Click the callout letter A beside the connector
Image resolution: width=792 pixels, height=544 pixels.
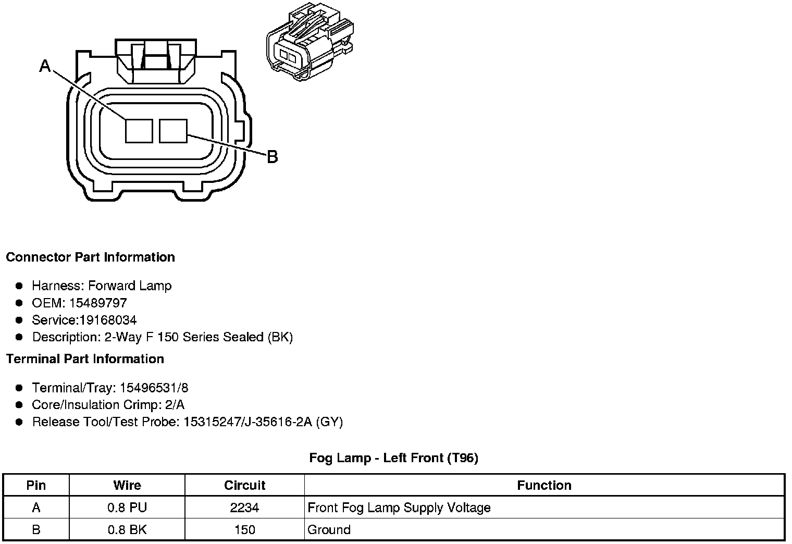46,66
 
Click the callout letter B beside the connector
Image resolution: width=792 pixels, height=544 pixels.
272,156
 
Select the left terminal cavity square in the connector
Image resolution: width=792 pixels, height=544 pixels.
139,130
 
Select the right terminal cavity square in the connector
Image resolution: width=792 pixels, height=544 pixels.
173,130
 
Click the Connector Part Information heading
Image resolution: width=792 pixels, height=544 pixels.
90,257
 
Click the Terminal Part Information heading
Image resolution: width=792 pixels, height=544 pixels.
85,359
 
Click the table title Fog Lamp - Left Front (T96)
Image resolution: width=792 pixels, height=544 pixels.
393,458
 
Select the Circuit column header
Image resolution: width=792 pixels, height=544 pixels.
244,486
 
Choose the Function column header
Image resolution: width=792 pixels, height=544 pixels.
544,486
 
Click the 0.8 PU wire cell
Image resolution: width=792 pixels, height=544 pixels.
127,508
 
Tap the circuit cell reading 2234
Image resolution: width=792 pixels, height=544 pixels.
244,508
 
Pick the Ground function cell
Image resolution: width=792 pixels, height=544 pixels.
329,530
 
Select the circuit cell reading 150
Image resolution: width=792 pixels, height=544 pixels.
244,530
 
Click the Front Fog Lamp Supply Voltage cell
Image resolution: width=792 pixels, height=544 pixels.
399,508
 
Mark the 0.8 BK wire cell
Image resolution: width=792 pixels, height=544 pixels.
127,530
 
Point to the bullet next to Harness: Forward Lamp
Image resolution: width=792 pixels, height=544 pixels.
19,286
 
